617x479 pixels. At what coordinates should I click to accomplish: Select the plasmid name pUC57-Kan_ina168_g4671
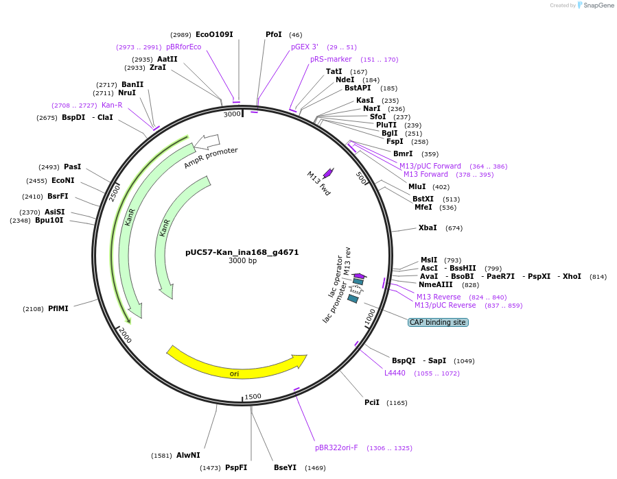[x=242, y=252]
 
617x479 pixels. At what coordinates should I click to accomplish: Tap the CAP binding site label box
[x=438, y=322]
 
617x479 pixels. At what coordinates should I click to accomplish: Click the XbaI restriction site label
[x=428, y=228]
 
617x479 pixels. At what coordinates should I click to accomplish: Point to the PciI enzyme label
[x=372, y=402]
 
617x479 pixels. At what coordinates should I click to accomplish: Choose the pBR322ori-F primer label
[x=336, y=447]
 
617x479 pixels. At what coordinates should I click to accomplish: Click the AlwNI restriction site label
[x=188, y=455]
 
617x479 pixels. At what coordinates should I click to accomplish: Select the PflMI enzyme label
[x=58, y=308]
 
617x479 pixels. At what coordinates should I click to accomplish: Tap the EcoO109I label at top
[x=214, y=34]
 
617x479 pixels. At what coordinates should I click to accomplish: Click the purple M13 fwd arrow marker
[x=328, y=173]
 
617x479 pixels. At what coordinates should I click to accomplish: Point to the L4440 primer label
[x=395, y=373]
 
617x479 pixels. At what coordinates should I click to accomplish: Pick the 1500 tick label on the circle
[x=253, y=397]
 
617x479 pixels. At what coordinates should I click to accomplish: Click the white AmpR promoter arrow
[x=207, y=142]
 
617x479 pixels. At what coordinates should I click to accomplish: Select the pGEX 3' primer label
[x=305, y=47]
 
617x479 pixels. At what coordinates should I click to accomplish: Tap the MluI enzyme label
[x=417, y=186]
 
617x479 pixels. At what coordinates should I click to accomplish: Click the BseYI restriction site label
[x=285, y=467]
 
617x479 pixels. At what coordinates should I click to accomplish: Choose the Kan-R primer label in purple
[x=112, y=105]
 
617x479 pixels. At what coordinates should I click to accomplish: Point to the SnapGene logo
[x=592, y=5]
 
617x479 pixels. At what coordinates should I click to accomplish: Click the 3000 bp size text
[x=242, y=261]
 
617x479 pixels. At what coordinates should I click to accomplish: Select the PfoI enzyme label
[x=274, y=34]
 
